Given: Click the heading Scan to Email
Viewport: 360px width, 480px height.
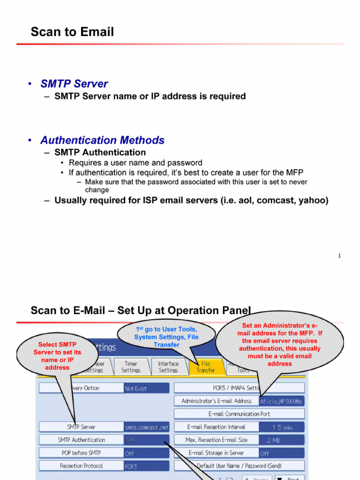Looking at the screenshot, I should click(72, 32).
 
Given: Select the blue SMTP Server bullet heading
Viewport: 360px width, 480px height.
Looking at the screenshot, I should click(74, 84).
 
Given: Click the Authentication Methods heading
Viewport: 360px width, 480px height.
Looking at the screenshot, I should click(102, 140).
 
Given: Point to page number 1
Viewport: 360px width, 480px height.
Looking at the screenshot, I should click(339, 256).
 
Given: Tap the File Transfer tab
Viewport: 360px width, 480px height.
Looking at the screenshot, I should click(206, 367).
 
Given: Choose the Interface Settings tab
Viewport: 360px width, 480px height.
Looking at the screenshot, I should click(168, 367).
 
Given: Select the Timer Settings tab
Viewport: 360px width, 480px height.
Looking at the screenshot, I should click(131, 367).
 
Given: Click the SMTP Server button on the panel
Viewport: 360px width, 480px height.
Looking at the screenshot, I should click(81, 427).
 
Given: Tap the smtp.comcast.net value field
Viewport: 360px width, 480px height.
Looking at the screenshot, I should click(146, 427).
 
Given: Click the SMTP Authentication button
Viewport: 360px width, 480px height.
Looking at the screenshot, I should click(81, 440).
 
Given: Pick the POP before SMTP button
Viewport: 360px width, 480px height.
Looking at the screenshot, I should click(81, 453).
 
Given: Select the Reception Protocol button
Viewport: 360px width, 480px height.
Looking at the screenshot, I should click(81, 466).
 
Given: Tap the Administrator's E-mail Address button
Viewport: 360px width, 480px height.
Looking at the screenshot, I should click(216, 401).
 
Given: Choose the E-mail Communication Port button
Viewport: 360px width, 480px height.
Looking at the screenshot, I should click(239, 414).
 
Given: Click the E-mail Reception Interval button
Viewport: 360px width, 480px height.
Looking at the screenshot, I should click(216, 427).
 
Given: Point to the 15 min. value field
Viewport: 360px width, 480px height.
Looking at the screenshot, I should click(282, 427).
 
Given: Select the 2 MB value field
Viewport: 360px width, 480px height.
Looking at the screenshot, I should click(282, 440).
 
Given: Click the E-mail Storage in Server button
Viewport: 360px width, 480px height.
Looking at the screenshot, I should click(216, 453).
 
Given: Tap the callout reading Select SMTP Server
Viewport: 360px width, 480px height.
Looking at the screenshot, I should click(57, 356).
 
